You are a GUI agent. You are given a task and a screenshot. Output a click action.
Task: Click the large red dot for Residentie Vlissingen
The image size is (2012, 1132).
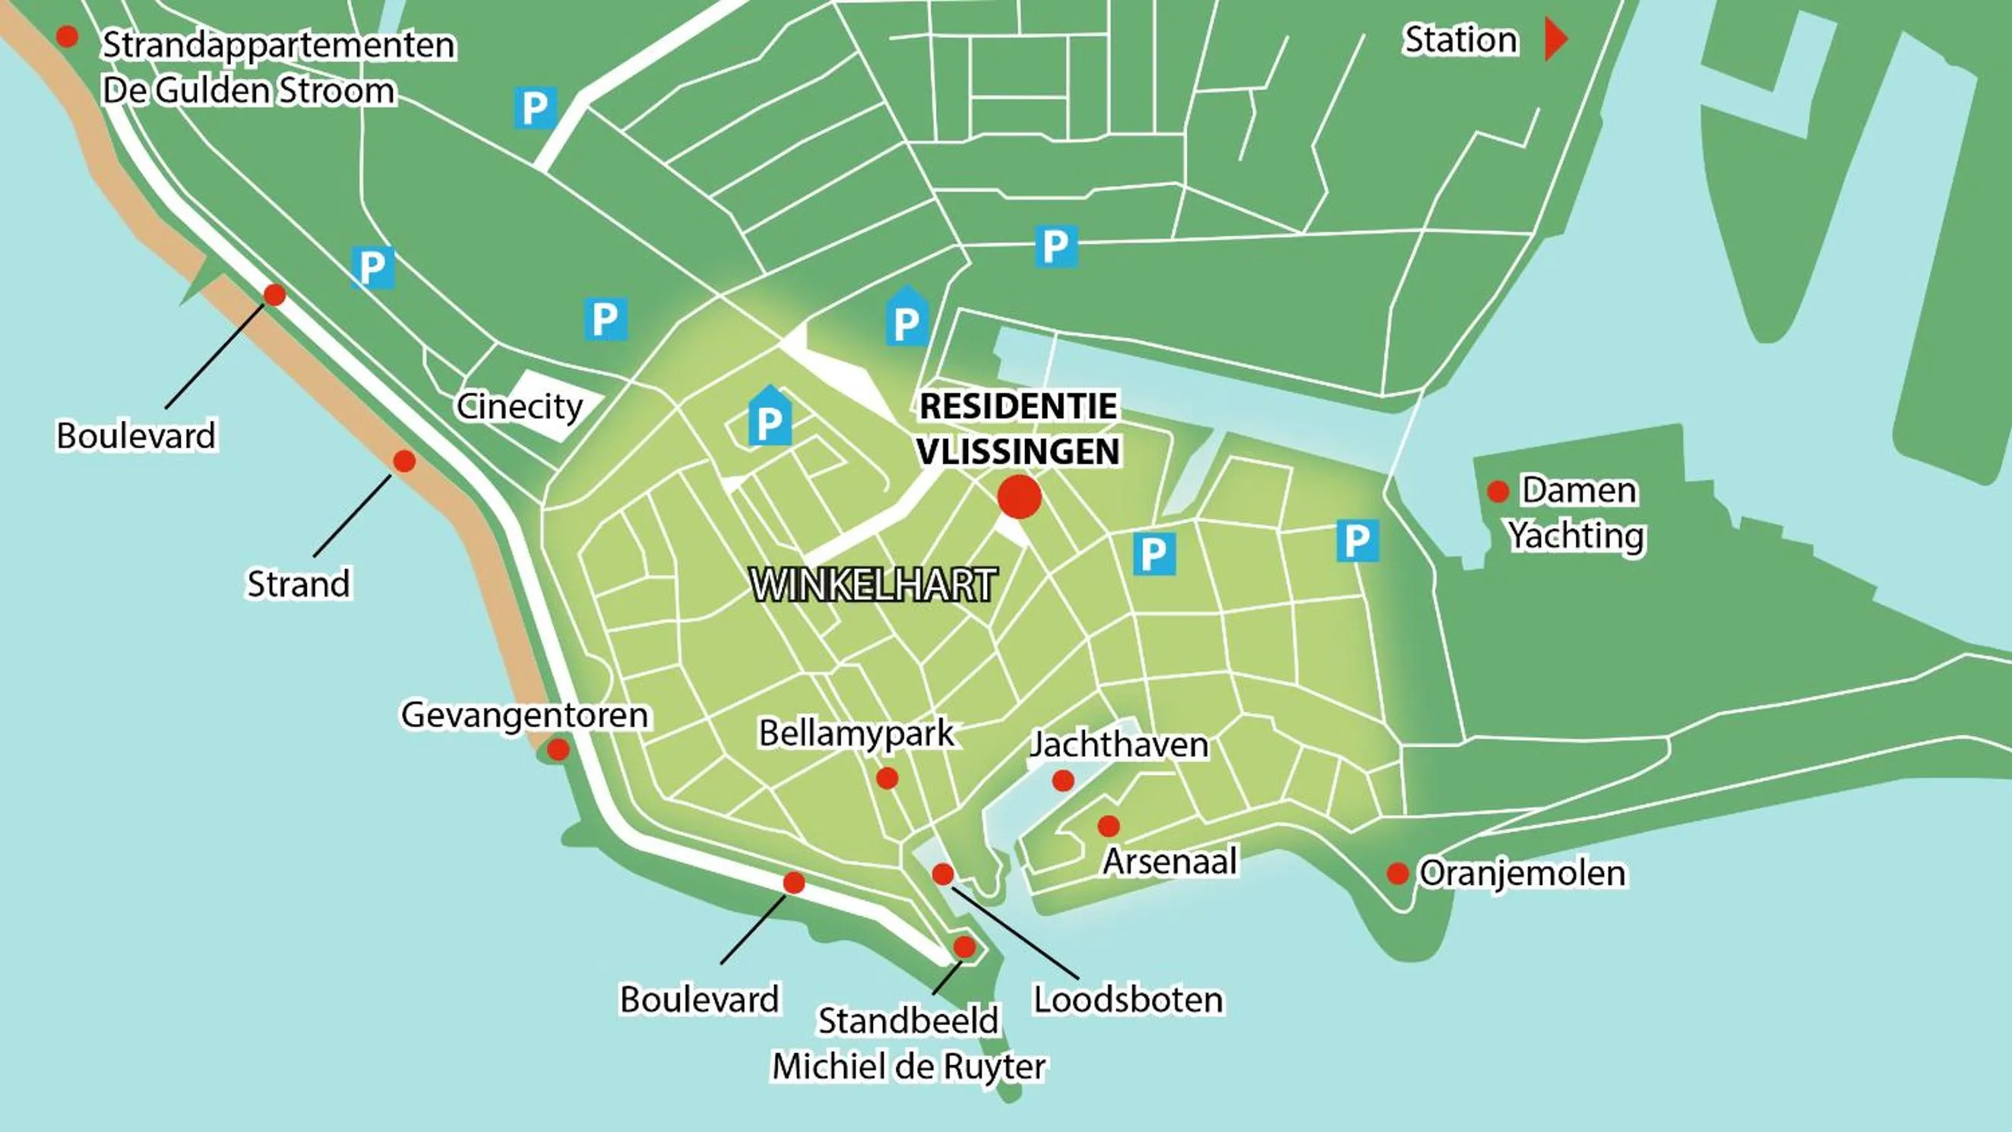(1019, 497)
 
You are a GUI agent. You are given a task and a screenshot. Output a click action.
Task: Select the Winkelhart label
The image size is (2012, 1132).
(873, 585)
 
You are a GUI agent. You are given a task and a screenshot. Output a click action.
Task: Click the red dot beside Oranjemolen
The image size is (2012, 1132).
(1397, 874)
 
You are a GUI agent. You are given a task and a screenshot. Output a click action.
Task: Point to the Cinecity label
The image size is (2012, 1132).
(520, 406)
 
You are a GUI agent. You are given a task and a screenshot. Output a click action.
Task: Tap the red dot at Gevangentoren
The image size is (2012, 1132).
(558, 750)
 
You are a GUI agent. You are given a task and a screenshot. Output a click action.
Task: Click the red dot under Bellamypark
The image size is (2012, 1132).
(887, 778)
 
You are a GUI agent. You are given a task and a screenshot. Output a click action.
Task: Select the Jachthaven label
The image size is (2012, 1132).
(1119, 745)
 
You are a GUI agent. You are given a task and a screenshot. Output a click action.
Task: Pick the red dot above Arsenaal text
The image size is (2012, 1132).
(1109, 826)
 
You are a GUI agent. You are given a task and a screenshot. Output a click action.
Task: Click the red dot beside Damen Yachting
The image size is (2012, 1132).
(1498, 492)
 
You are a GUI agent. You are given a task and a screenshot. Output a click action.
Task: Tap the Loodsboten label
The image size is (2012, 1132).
(1128, 1000)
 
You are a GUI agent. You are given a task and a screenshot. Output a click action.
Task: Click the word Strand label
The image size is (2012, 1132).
(299, 584)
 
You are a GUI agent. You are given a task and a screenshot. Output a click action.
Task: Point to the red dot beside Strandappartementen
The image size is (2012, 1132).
(67, 36)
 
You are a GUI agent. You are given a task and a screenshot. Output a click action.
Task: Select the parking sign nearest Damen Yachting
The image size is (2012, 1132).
(1357, 541)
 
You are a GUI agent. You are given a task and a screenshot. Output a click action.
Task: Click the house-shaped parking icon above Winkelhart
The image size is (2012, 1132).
(770, 417)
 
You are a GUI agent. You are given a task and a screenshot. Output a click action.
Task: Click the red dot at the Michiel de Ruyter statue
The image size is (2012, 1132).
(965, 947)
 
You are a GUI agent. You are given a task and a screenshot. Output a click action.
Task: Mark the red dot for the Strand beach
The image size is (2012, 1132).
(403, 461)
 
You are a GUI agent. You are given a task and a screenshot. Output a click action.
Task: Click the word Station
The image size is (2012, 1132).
(1460, 40)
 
